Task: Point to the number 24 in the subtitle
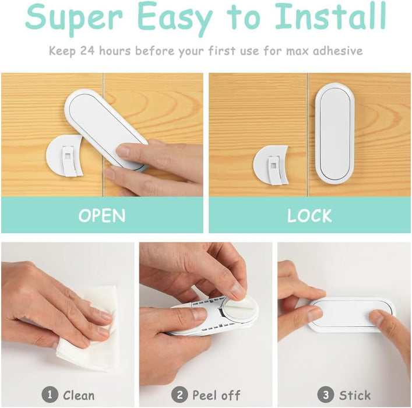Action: point(87,51)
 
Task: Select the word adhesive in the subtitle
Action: point(337,51)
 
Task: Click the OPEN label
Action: point(102,216)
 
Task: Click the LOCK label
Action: point(309,216)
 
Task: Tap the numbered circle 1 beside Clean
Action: point(50,395)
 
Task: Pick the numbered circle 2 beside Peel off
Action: point(179,395)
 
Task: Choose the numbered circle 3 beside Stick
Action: point(326,395)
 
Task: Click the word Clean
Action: point(79,395)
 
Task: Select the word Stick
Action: point(355,395)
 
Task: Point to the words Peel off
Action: point(216,395)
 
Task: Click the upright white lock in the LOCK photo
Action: point(334,132)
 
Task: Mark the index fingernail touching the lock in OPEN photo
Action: point(123,151)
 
